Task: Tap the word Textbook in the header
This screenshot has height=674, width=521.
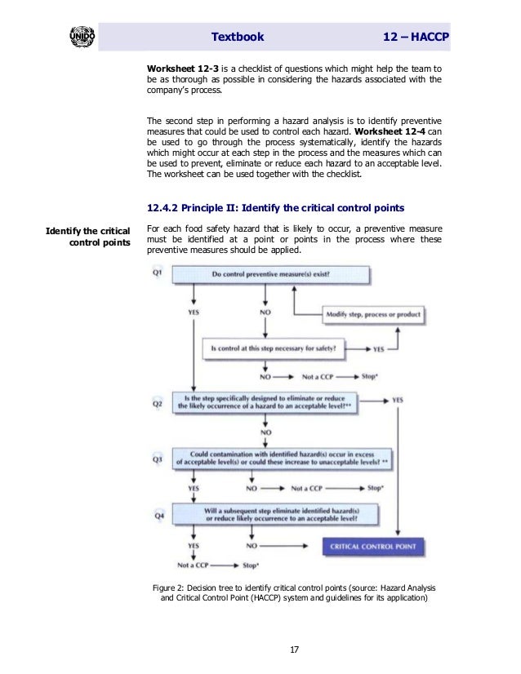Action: click(x=238, y=38)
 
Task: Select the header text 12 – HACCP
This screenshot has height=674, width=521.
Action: click(x=421, y=38)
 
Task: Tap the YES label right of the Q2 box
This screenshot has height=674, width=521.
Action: click(x=398, y=401)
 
